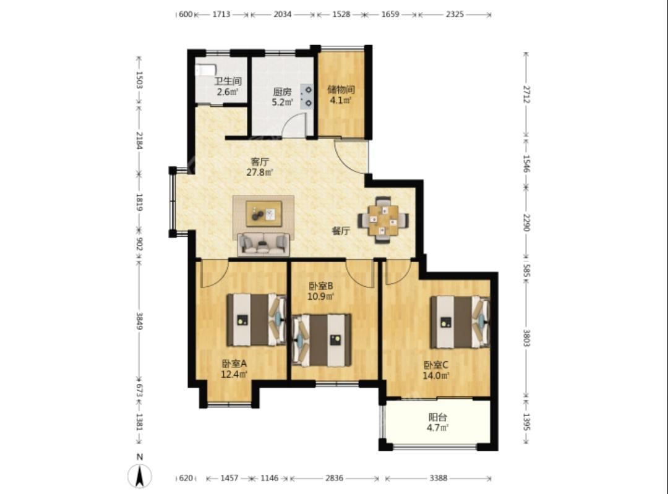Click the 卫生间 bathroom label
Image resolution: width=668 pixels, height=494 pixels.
click(x=228, y=81)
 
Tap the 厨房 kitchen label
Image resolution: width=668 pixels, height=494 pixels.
click(x=282, y=92)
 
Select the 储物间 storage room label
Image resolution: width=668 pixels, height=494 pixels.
click(x=341, y=90)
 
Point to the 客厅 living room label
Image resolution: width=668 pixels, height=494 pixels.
click(x=259, y=162)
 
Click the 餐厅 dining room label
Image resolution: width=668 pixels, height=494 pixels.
click(x=341, y=231)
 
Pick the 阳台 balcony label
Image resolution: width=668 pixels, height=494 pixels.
click(x=437, y=417)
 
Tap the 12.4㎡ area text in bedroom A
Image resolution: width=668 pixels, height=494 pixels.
click(x=234, y=375)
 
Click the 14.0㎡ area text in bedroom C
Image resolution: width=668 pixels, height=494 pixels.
click(x=436, y=376)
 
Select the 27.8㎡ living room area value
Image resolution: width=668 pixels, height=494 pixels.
click(x=259, y=172)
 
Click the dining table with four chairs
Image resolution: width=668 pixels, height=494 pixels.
click(x=383, y=219)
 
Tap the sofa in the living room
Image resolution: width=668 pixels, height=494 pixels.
click(x=263, y=244)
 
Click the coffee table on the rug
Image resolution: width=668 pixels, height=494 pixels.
click(x=263, y=214)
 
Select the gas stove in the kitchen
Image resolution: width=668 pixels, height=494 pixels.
click(x=307, y=96)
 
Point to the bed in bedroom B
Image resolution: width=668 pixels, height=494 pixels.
click(x=322, y=340)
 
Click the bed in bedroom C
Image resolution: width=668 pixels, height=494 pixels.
click(x=460, y=322)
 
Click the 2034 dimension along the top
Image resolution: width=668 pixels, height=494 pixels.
click(x=283, y=14)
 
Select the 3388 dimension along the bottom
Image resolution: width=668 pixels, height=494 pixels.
click(x=439, y=478)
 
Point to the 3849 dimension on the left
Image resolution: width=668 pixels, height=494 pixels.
click(x=139, y=321)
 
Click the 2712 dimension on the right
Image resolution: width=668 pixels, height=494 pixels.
click(x=526, y=94)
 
